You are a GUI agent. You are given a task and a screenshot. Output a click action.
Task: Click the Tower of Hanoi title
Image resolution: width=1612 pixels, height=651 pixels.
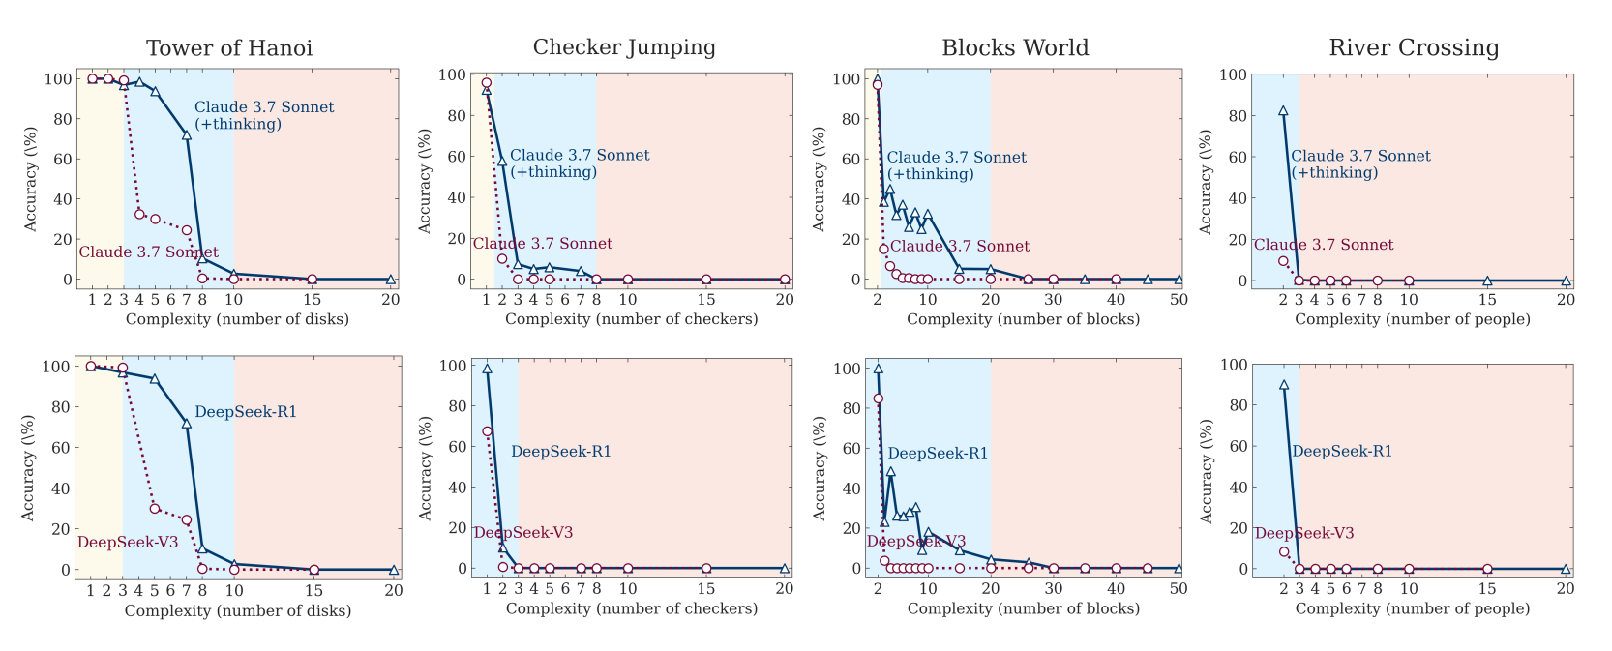[229, 48]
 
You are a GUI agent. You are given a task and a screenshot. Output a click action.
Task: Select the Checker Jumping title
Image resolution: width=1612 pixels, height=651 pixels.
[624, 47]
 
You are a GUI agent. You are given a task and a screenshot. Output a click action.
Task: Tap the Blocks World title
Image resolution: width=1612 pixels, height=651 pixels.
[1015, 47]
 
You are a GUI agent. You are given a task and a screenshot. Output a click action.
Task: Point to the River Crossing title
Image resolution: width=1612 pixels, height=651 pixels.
[1414, 47]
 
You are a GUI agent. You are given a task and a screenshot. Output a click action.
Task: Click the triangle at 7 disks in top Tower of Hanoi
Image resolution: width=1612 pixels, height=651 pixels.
[187, 134]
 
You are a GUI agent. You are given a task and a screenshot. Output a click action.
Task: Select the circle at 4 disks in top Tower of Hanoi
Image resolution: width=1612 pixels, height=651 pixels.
[139, 214]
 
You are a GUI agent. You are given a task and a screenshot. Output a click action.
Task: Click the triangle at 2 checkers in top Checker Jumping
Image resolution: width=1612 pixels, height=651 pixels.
[502, 161]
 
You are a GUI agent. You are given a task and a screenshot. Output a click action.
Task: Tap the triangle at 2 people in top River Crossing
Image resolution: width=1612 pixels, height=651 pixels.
[1283, 111]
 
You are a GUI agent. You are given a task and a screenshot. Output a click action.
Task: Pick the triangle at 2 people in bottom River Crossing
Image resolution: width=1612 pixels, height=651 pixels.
[1284, 385]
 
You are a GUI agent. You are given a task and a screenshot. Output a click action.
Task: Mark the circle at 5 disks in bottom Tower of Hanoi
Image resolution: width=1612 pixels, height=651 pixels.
[155, 509]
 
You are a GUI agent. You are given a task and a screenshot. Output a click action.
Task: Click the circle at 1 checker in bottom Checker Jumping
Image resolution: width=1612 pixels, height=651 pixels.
[488, 431]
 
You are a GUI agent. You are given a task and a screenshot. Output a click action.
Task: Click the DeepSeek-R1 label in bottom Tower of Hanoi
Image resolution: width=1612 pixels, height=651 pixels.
[246, 412]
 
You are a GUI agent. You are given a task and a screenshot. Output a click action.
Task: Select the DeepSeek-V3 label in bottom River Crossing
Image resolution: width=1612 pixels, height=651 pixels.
[1304, 533]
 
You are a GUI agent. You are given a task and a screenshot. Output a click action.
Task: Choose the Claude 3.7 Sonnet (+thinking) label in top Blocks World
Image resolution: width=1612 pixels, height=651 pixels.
[956, 165]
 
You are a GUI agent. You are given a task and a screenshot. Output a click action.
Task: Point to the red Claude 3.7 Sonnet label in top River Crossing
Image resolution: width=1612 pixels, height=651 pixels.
[1324, 245]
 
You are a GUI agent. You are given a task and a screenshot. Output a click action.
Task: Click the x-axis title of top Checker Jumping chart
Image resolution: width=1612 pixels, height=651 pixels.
[631, 318]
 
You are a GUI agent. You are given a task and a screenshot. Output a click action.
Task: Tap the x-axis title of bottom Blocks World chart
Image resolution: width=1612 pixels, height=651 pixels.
[1024, 608]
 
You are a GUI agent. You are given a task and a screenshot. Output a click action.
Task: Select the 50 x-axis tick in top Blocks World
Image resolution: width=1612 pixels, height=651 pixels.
[1179, 299]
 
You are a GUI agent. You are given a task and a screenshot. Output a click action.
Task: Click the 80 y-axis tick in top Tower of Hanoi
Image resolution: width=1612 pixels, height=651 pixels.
[63, 119]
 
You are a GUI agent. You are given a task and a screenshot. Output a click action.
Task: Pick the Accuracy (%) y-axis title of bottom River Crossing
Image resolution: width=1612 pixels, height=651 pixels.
[1206, 471]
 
